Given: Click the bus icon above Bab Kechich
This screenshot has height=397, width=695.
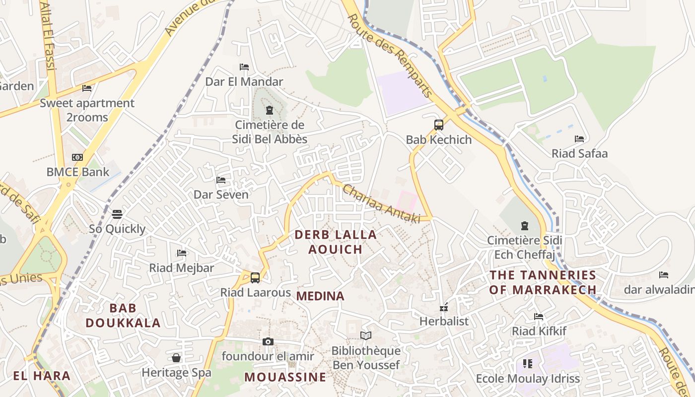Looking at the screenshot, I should tap(439, 125).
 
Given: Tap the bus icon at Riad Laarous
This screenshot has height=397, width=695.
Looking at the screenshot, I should tap(255, 278).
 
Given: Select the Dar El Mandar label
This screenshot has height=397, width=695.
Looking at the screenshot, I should tap(244, 81).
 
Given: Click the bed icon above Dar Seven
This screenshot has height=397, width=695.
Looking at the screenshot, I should tap(221, 180).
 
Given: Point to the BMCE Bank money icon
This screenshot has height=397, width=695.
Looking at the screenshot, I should tap(77, 157).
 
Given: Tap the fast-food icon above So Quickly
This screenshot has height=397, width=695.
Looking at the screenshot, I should tap(117, 214).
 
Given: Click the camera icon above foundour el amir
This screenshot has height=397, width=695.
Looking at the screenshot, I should tap(268, 341).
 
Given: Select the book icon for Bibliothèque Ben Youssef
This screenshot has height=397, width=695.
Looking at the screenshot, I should tap(366, 336).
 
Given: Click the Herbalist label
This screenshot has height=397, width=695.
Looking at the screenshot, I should tap(444, 321).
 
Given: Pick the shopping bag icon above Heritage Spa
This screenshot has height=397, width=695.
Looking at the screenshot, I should tap(176, 358).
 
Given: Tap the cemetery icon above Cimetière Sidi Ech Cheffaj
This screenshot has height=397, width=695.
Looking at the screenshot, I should tap(525, 226).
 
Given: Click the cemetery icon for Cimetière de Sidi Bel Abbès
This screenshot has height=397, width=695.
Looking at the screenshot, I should tap(270, 110).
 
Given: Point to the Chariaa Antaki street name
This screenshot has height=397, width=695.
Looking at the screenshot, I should tap(381, 204).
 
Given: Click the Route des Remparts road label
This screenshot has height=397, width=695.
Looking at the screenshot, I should tap(390, 55).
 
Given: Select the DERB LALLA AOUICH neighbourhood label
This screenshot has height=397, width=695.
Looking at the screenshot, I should tap(336, 242).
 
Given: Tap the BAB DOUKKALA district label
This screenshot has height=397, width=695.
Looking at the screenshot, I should tap(123, 316).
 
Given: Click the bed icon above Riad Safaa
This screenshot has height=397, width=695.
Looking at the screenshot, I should tap(579, 139).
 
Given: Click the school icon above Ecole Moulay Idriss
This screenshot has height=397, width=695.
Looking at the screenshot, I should tap(528, 364).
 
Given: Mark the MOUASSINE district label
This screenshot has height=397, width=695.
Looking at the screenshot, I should tap(285, 377).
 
